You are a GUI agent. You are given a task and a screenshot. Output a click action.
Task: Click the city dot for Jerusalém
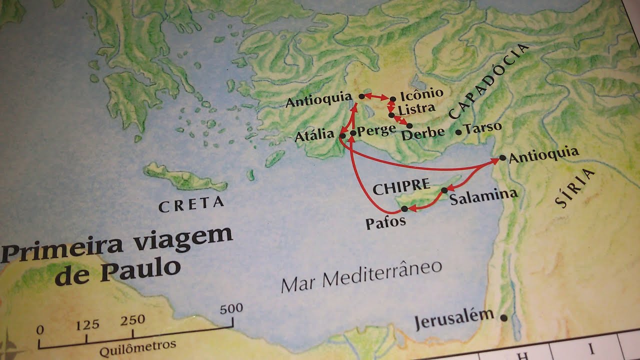pyautogui.click(x=503, y=317)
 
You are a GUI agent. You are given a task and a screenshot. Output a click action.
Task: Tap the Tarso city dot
pyautogui.click(x=459, y=132)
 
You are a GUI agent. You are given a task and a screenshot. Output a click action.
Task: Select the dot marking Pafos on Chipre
pyautogui.click(x=404, y=208)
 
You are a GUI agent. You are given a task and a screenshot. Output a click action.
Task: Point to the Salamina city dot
pyautogui.click(x=444, y=190)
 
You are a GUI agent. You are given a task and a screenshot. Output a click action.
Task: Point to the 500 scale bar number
pyautogui.click(x=231, y=308)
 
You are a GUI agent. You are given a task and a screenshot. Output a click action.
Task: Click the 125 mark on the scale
pyautogui.click(x=87, y=325)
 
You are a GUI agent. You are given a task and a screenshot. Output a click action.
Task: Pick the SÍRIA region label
pyautogui.click(x=575, y=188)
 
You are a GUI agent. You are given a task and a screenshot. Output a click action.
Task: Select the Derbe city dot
pyautogui.click(x=409, y=125)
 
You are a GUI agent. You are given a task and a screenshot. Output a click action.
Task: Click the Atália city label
pyautogui.click(x=314, y=135)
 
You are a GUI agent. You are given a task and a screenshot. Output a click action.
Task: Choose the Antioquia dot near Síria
pyautogui.click(x=502, y=158)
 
